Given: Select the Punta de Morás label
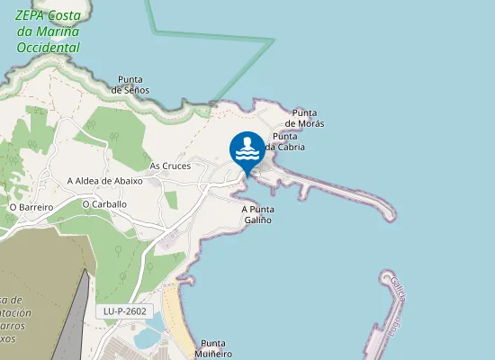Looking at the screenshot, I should [x=305, y=117].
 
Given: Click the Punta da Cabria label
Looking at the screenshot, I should [x=285, y=141].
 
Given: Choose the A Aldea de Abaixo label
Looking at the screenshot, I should [x=105, y=180].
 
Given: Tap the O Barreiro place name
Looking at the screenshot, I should [x=31, y=206].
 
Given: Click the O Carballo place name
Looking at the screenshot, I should [x=103, y=204].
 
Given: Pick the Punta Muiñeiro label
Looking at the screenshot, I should [x=216, y=348].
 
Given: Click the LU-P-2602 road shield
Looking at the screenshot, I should [x=124, y=311].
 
